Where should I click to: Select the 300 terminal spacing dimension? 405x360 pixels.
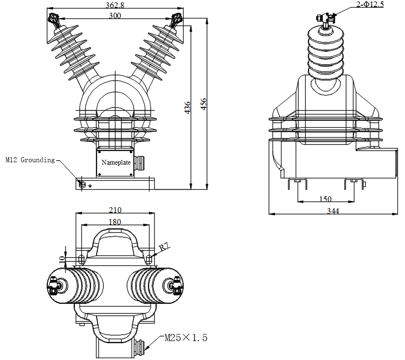[x=114, y=16]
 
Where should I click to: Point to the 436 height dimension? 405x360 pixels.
[x=187, y=107]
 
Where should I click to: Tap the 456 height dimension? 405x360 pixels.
[x=204, y=104]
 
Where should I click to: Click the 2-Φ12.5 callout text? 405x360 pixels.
[x=370, y=5]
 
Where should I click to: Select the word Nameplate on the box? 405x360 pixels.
[x=116, y=162]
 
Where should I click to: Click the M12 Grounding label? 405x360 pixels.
[x=30, y=160]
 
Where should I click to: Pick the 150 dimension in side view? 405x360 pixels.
[x=326, y=199]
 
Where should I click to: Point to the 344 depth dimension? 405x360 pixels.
[x=333, y=211]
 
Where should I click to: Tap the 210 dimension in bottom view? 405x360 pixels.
[x=115, y=210]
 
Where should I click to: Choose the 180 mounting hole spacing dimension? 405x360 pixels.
[x=115, y=221]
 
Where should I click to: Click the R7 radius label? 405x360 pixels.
[x=164, y=247]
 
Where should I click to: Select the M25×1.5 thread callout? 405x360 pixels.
[x=185, y=338]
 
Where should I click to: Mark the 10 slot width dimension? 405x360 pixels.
[x=62, y=259]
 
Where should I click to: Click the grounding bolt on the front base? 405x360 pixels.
[x=81, y=184]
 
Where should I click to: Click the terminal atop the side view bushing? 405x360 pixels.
[x=325, y=18]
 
